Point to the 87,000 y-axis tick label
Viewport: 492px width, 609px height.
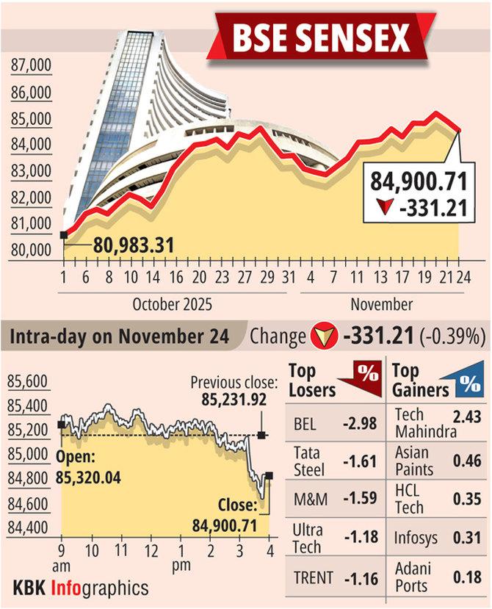click(x=31, y=67)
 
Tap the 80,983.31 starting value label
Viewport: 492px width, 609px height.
click(x=133, y=245)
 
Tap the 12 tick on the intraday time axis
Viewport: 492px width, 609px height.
click(x=151, y=549)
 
